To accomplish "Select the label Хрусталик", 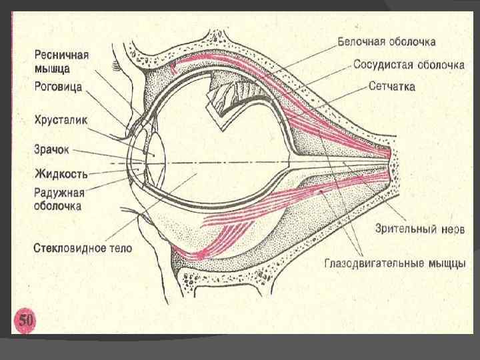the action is (61, 121).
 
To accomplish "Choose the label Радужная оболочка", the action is (59, 199).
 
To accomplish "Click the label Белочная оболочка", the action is (386, 42).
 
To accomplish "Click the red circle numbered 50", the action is (25, 321).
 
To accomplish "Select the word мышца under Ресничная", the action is (52, 67).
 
